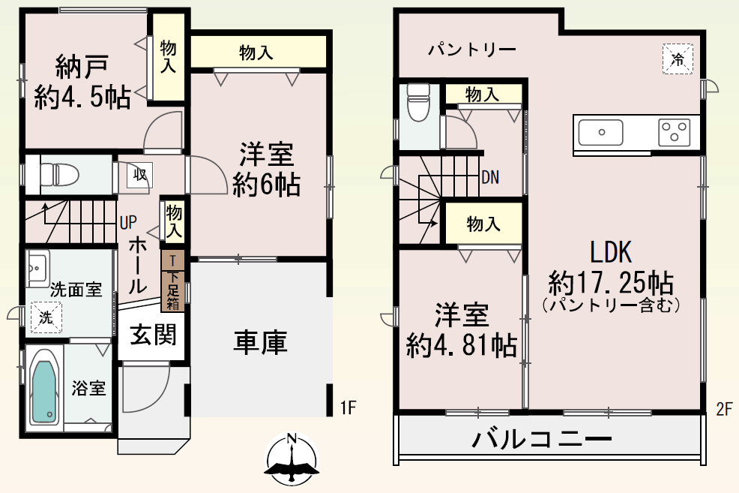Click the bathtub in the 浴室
pos(43,387)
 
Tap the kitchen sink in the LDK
pos(600,133)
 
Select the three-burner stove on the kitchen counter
pos(675,131)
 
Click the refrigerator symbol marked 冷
pos(678,59)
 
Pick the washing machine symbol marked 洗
pos(46,317)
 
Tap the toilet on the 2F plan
pos(418,103)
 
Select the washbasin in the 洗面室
pos(37,268)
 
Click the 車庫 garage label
pos(260,342)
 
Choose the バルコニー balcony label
pos(541,439)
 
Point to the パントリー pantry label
pos(471,49)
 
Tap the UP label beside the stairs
pos(128,222)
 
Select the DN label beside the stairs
pos(490,177)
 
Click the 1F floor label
pos(349,407)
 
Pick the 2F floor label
pos(725,408)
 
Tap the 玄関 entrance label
pos(153,335)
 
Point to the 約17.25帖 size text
pos(611,283)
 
